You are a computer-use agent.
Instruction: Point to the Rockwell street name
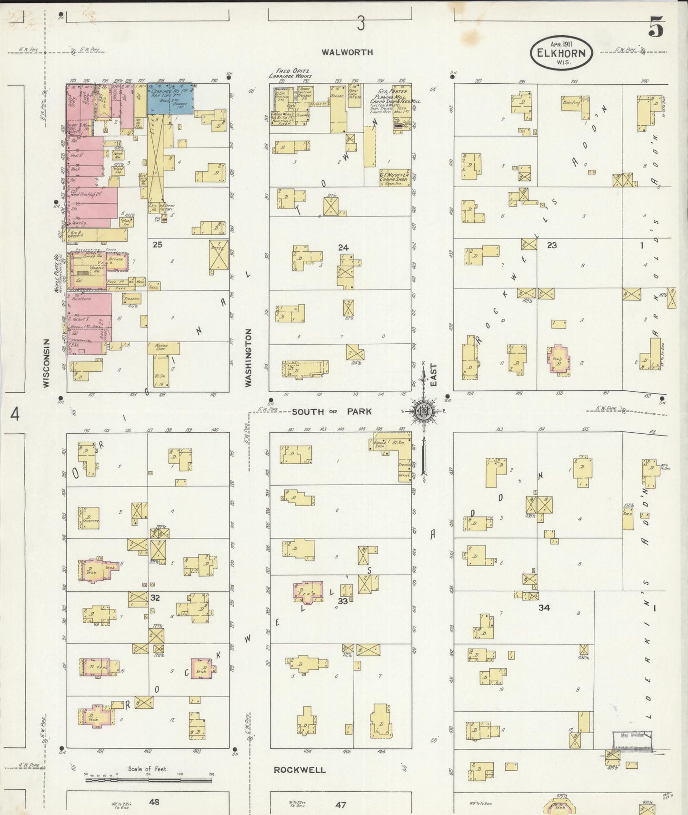click(300, 770)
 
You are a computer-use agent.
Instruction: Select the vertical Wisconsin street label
click(47, 363)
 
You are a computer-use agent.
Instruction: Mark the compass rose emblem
click(423, 411)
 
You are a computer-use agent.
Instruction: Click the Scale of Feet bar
click(148, 781)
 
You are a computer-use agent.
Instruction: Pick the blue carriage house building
click(170, 99)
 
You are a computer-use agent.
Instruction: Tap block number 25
click(157, 245)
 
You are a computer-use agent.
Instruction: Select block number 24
click(343, 248)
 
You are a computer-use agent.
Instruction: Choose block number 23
click(552, 245)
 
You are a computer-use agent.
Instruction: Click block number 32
click(155, 598)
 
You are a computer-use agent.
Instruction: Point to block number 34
click(544, 608)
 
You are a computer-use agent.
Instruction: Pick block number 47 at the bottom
click(340, 805)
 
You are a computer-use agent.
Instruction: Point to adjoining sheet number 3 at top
click(361, 23)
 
